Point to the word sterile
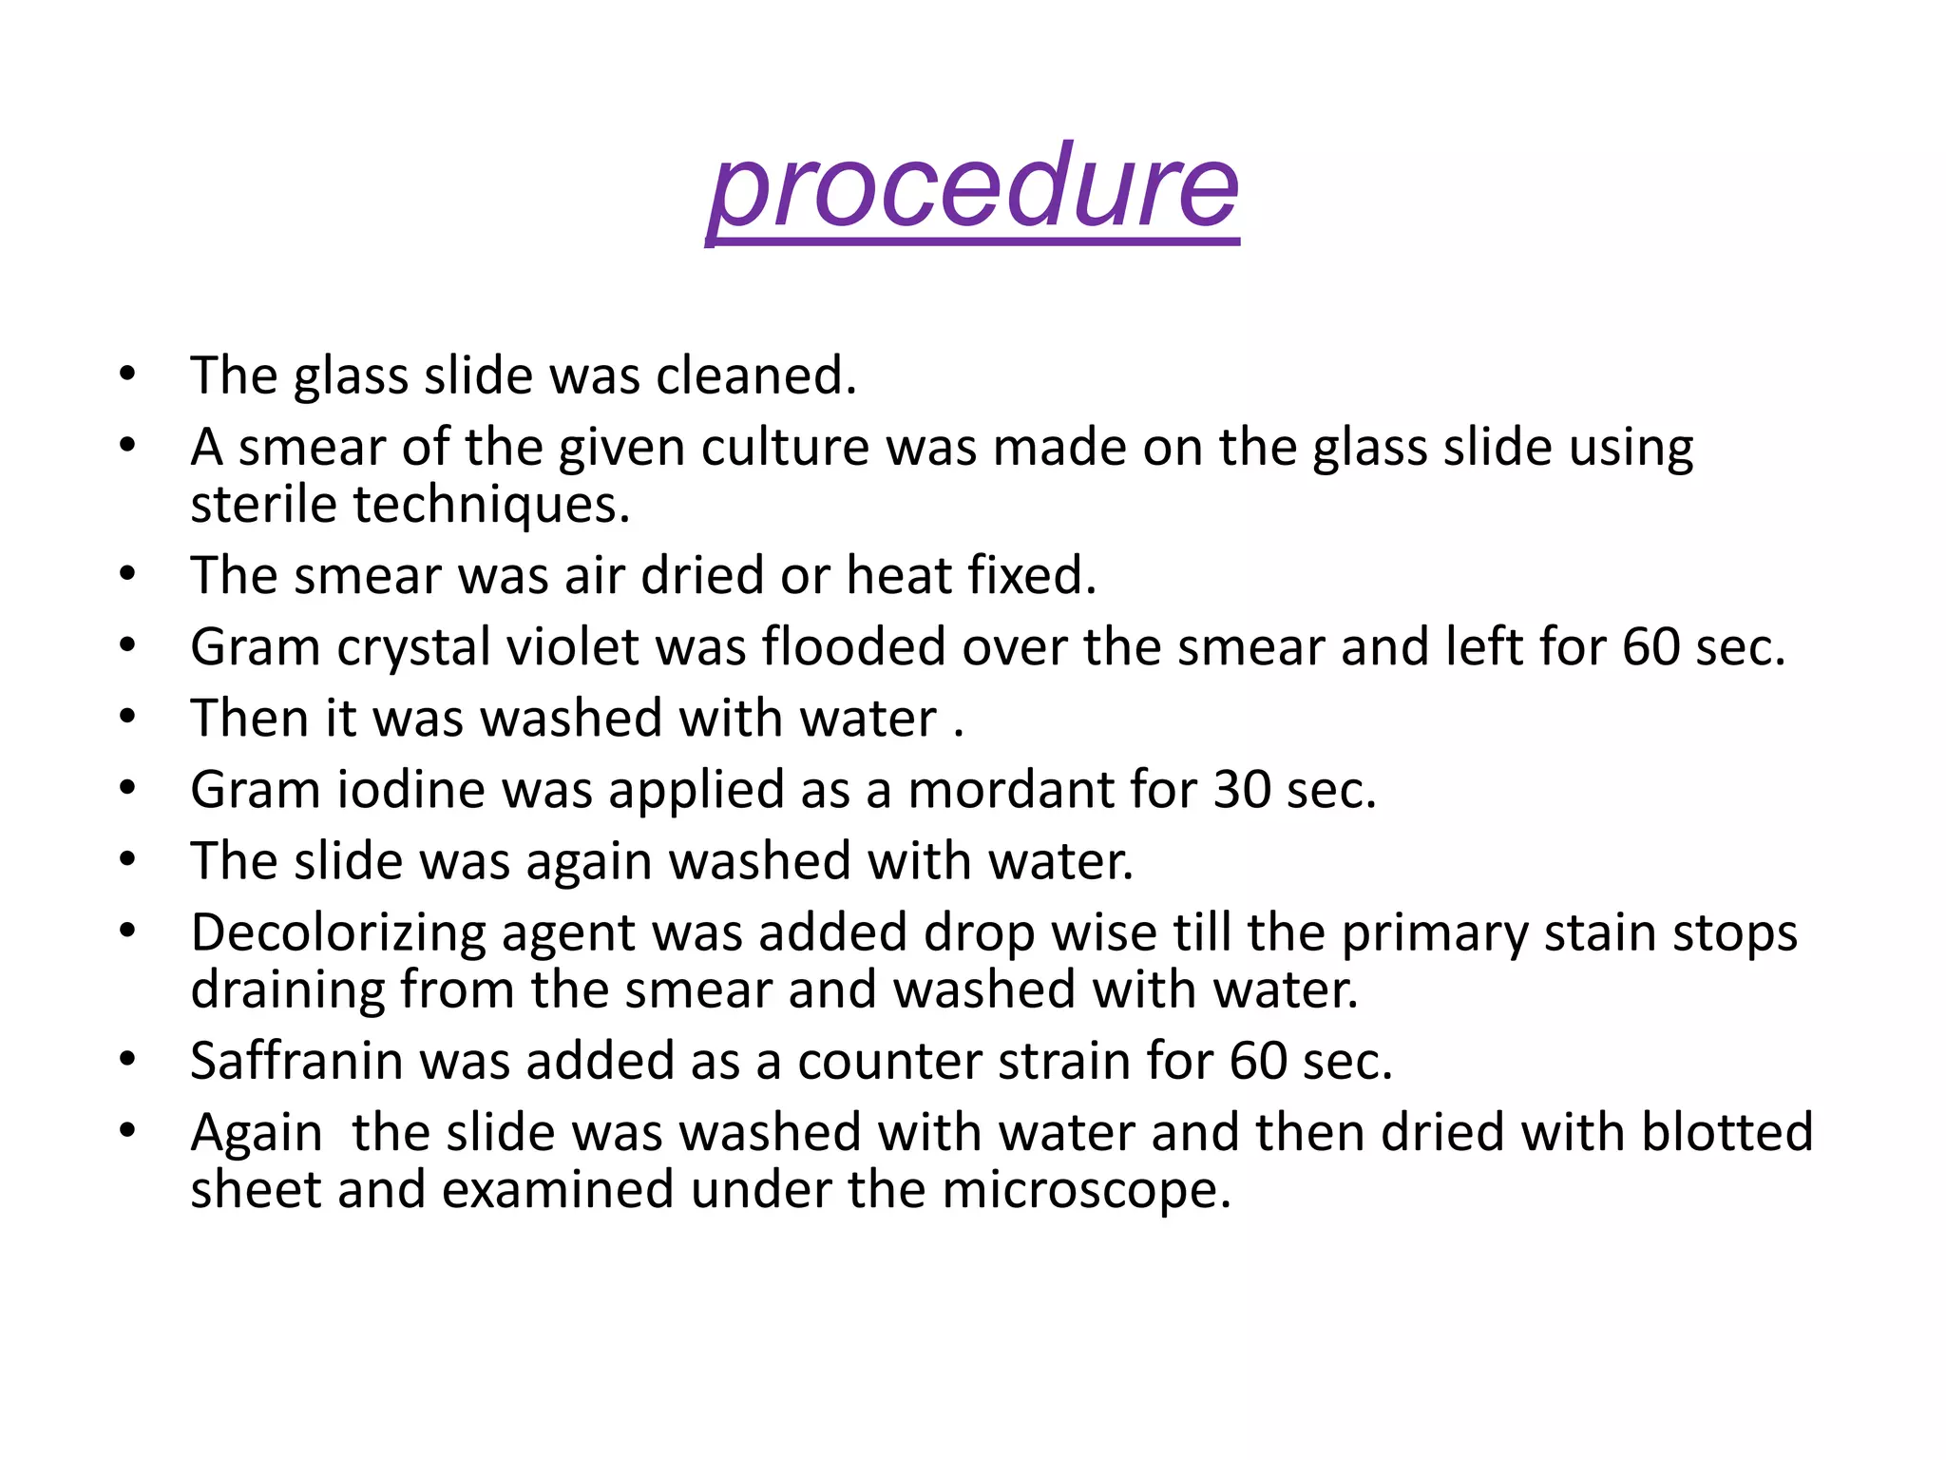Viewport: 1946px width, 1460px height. click(x=263, y=504)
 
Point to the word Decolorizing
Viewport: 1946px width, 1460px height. click(x=338, y=933)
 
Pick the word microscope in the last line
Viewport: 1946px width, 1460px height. click(x=1086, y=1190)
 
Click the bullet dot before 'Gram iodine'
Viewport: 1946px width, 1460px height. click(x=128, y=788)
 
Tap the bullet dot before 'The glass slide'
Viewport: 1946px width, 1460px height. click(x=128, y=374)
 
